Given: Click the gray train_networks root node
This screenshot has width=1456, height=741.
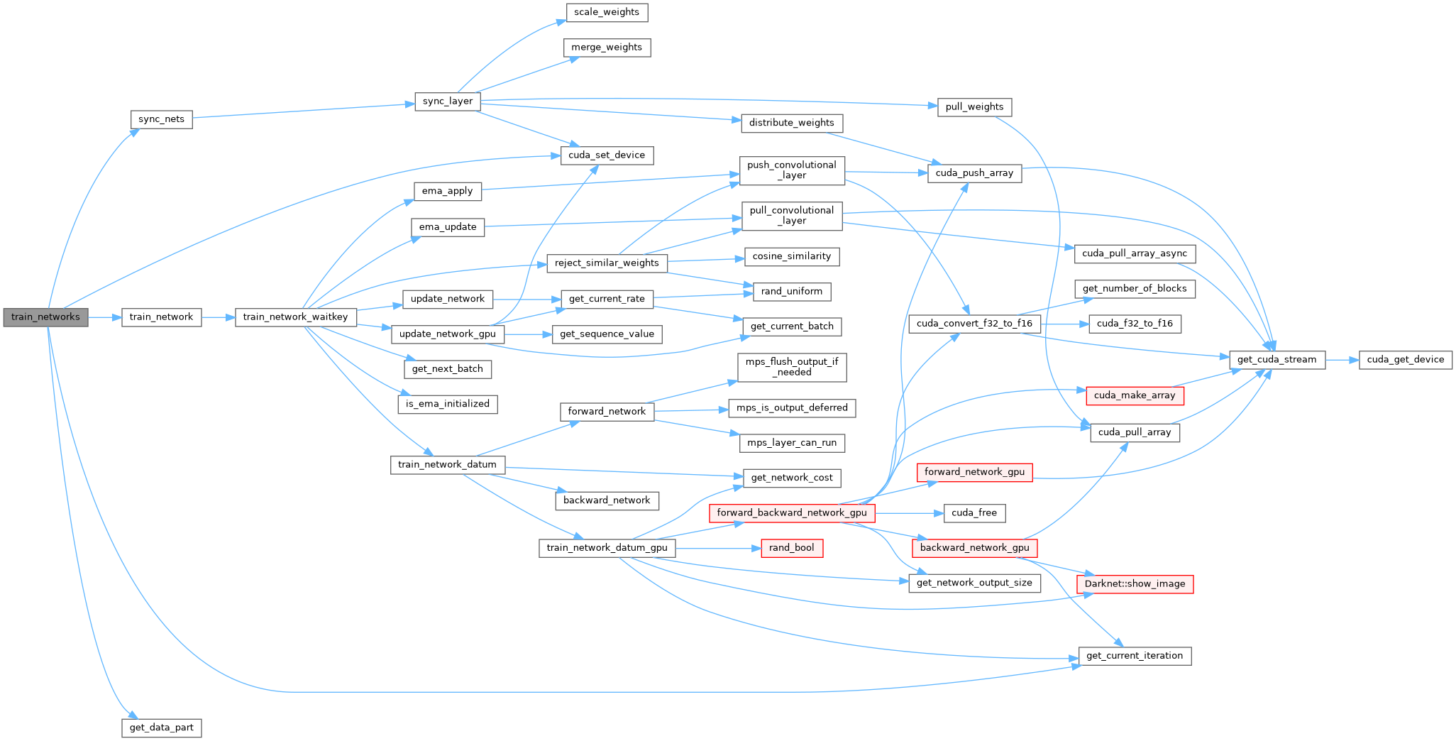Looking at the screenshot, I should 45,317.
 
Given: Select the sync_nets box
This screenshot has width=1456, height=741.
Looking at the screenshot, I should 161,119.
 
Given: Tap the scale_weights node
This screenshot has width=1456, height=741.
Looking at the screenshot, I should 607,12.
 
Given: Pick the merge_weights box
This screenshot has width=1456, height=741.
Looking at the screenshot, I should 607,48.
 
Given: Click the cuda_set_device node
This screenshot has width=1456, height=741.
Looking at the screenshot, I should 607,155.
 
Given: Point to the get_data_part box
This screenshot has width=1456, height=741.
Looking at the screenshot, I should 161,728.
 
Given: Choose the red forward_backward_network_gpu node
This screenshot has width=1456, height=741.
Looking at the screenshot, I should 791,513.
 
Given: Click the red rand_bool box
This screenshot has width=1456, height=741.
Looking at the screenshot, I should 791,548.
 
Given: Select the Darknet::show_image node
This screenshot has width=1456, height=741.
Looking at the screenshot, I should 1135,584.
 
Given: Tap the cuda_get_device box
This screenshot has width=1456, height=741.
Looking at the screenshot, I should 1405,360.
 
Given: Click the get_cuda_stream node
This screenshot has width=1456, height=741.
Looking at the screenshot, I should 1276,360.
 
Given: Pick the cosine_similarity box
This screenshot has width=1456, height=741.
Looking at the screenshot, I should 791,256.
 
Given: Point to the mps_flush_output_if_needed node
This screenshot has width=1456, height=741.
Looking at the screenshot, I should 791,367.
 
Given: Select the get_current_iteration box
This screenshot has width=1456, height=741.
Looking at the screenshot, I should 1135,656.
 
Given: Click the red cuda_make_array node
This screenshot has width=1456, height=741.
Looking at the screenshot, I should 1135,395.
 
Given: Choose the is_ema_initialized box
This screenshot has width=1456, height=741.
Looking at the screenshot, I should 447,404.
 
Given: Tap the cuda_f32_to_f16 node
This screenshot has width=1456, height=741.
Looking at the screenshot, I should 1135,324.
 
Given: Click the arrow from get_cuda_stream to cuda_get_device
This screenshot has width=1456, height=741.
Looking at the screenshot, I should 1342,360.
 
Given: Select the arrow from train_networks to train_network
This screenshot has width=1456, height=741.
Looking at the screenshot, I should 105,317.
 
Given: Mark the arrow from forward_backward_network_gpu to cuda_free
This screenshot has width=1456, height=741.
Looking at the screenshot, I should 909,513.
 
